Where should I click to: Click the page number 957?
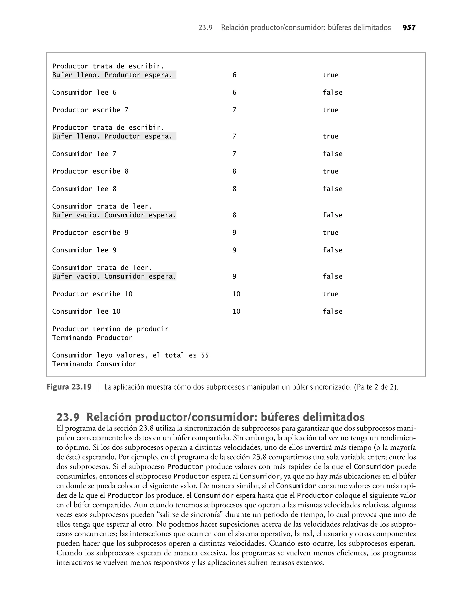point(409,28)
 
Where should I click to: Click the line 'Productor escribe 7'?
point(90,110)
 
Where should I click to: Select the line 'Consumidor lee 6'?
point(84,92)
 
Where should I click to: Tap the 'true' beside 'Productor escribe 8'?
point(330,171)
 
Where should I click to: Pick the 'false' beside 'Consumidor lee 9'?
point(332,250)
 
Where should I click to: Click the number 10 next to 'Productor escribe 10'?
point(236,294)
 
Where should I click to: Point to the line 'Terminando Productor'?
point(92,338)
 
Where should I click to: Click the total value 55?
point(205,355)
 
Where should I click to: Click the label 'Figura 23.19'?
point(69,387)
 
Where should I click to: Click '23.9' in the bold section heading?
point(68,417)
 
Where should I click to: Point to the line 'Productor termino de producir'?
point(110,329)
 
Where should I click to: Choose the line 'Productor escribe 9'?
point(90,233)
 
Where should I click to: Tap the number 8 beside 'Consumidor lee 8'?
point(234,189)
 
